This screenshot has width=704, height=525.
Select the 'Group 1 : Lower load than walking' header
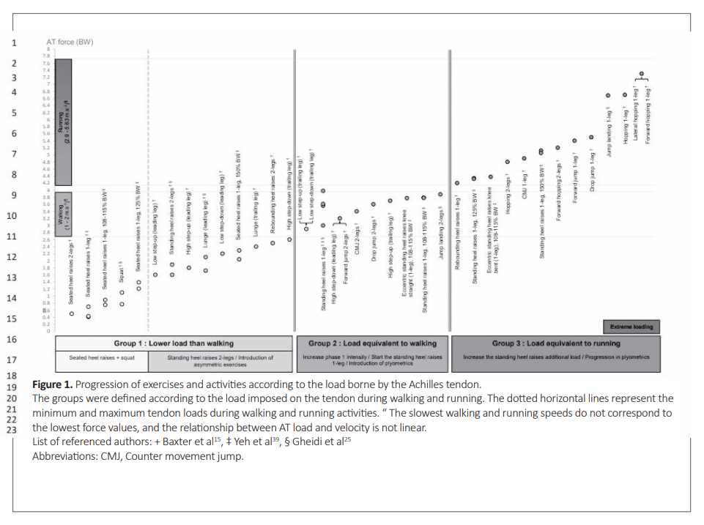pyautogui.click(x=173, y=343)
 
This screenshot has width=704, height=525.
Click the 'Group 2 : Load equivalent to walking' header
pyautogui.click(x=372, y=343)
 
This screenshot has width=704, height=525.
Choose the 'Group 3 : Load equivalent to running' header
pyautogui.click(x=555, y=343)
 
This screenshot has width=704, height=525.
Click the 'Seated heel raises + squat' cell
pyautogui.click(x=102, y=358)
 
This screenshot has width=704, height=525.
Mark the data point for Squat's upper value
pyautogui.click(x=122, y=292)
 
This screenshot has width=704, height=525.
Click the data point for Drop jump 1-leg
pyautogui.click(x=592, y=138)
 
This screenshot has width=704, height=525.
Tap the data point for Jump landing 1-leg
pyautogui.click(x=608, y=96)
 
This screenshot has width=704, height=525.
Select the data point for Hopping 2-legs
pyautogui.click(x=507, y=162)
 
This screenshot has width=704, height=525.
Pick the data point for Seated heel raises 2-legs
pyautogui.click(x=72, y=313)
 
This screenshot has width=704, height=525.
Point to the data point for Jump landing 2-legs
pyautogui.click(x=440, y=194)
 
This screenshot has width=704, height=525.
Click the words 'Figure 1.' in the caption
pyautogui.click(x=52, y=384)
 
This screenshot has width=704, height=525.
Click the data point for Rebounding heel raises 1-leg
pyautogui.click(x=456, y=183)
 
